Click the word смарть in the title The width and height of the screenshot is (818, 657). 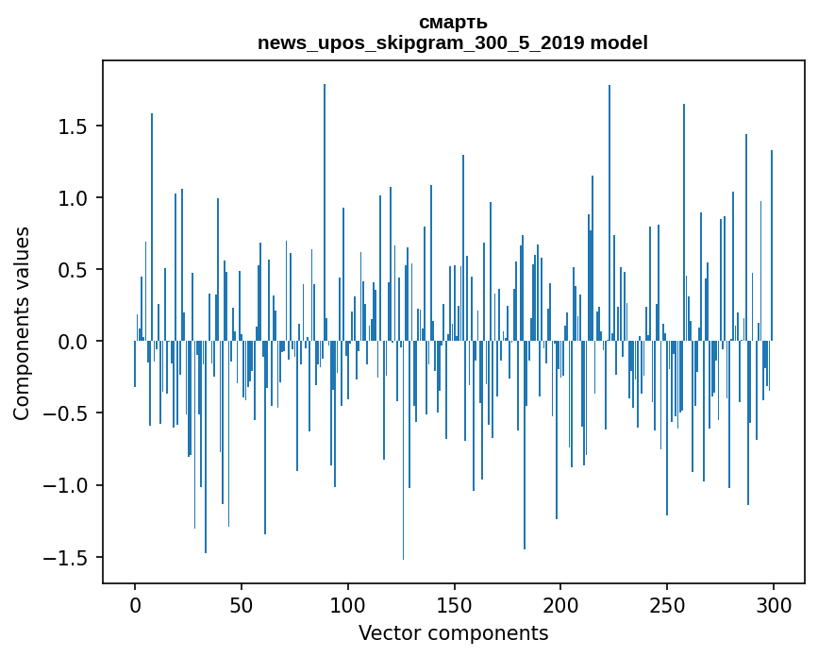pyautogui.click(x=453, y=23)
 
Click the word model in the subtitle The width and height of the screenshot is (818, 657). pyautogui.click(x=619, y=42)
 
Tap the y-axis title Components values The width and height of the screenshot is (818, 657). pyautogui.click(x=22, y=324)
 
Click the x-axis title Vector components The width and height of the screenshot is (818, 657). pyautogui.click(x=453, y=633)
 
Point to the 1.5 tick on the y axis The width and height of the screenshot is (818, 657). pyautogui.click(x=72, y=126)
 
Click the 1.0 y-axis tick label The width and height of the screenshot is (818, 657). pyautogui.click(x=72, y=198)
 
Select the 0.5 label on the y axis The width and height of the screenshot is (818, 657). pyautogui.click(x=72, y=270)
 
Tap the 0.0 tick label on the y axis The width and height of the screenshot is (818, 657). pyautogui.click(x=72, y=342)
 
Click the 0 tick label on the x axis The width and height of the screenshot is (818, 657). pyautogui.click(x=135, y=605)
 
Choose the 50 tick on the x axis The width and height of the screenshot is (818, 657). pyautogui.click(x=241, y=605)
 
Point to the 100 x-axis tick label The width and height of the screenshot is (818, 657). pyautogui.click(x=347, y=605)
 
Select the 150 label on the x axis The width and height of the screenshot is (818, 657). pyautogui.click(x=454, y=605)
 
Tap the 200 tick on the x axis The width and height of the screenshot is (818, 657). pyautogui.click(x=560, y=605)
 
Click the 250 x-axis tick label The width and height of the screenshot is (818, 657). pyautogui.click(x=667, y=605)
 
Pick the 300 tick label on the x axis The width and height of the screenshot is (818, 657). pyautogui.click(x=773, y=605)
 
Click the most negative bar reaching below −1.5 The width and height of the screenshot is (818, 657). pyautogui.click(x=403, y=450)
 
